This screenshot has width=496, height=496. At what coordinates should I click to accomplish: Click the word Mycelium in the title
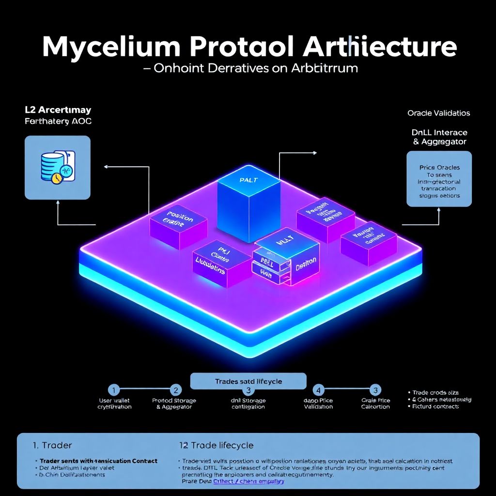[111, 47]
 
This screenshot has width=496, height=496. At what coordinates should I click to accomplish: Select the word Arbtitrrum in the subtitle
[325, 68]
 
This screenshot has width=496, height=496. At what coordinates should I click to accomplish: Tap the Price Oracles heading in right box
[439, 167]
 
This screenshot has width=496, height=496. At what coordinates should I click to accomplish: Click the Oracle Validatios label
[438, 113]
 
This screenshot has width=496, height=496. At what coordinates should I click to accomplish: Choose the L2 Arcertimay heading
[58, 110]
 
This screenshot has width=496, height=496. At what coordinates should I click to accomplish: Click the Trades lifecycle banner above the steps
[248, 381]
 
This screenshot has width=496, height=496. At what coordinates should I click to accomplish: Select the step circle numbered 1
[113, 389]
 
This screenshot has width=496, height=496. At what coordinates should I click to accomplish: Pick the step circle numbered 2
[175, 389]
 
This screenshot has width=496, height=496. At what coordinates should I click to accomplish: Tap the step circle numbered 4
[318, 389]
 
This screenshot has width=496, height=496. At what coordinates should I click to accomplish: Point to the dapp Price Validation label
[318, 403]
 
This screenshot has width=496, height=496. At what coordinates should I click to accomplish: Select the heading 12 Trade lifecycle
[216, 445]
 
